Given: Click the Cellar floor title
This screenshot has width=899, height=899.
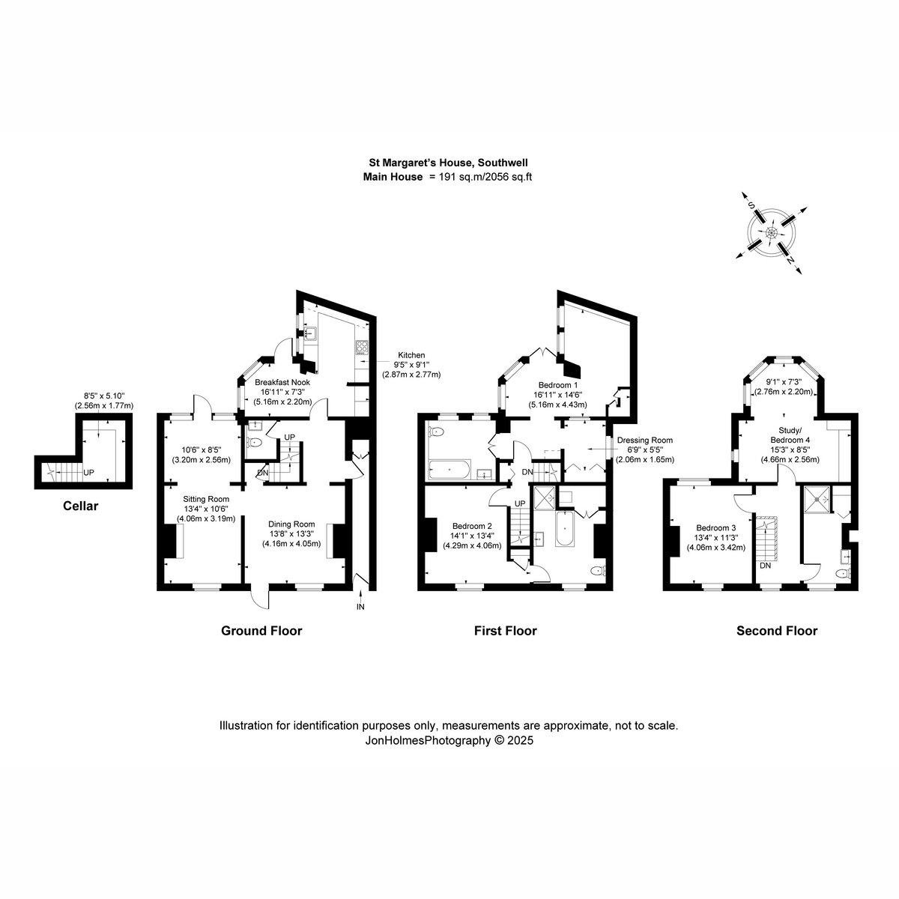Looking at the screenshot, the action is (x=81, y=506).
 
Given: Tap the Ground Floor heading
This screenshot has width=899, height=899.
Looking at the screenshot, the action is (x=261, y=631).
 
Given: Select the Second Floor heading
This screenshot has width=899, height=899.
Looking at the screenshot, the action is (x=777, y=631).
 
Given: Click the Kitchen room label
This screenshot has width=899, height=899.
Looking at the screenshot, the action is (x=411, y=355).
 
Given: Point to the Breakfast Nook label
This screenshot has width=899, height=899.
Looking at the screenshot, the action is (x=282, y=382).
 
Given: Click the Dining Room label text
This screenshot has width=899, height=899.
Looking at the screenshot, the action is (x=291, y=524).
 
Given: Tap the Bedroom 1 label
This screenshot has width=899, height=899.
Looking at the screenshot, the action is (x=558, y=385).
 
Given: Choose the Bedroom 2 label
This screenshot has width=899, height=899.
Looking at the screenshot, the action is (x=472, y=526).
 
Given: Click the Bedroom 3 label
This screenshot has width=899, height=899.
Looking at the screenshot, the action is (x=716, y=527).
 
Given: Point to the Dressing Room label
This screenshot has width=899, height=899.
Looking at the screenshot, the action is (x=645, y=440).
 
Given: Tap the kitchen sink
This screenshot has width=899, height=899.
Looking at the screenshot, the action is (x=309, y=334).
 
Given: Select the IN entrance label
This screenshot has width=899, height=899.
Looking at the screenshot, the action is (x=360, y=607).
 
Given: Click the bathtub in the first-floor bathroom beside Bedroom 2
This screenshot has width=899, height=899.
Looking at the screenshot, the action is (x=565, y=529).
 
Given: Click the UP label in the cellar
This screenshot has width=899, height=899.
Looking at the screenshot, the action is (x=88, y=473).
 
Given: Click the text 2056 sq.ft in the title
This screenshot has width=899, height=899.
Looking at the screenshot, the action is (x=509, y=177).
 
